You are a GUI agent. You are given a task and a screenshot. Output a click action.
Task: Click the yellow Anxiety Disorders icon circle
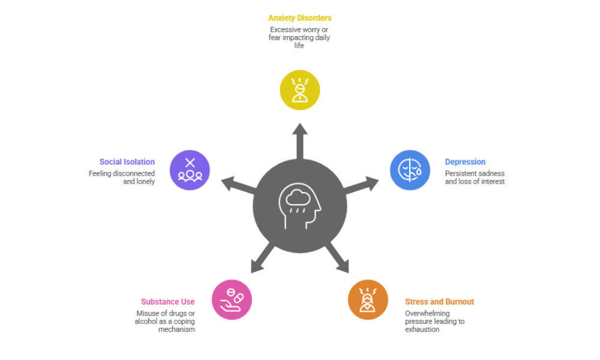point(300,90)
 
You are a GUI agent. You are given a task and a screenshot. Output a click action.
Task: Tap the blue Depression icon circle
point(410,170)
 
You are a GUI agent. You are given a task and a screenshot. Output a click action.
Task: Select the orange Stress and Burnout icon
point(368,299)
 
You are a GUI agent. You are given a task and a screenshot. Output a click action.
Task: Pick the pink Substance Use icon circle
point(232,299)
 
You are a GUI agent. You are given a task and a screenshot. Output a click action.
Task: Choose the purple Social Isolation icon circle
point(190,170)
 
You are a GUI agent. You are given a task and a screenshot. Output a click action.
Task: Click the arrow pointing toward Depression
point(365,184)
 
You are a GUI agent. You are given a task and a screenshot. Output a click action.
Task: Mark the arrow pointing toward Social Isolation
point(235,184)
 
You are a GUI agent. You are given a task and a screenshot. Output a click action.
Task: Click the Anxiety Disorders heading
point(299,18)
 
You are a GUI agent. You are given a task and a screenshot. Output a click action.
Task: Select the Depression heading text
point(465,162)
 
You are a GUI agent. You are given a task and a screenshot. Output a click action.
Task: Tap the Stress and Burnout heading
point(439,302)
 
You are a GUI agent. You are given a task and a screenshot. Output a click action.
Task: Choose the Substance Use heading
point(168,302)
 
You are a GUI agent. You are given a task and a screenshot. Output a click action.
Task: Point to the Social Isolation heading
point(127,162)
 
